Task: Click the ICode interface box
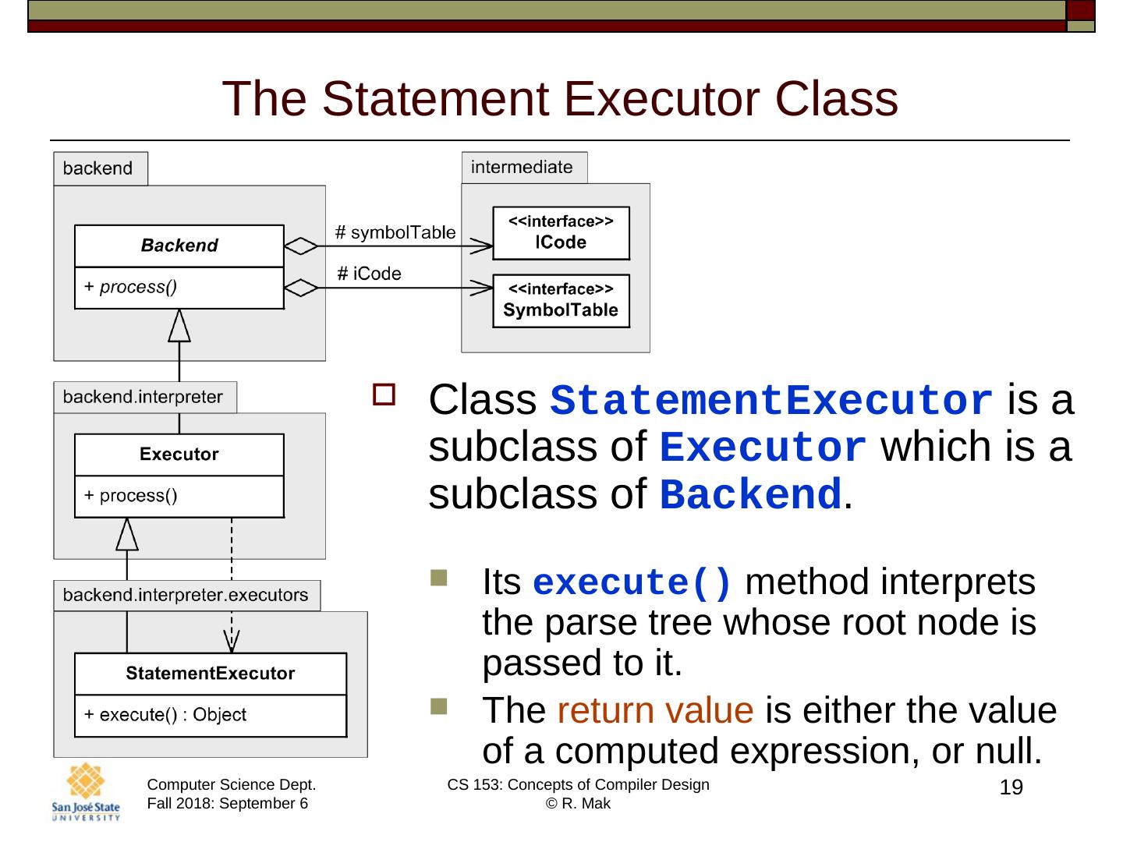(x=561, y=233)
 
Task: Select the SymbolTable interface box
(x=561, y=301)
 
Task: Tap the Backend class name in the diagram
(x=179, y=246)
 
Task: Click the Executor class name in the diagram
(x=179, y=455)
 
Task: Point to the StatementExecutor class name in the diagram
(x=211, y=674)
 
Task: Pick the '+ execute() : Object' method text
(x=165, y=715)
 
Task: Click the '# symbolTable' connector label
(x=395, y=232)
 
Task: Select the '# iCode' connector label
(x=369, y=274)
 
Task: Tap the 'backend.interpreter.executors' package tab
(x=186, y=596)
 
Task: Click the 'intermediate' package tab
(x=522, y=168)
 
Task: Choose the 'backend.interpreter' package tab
(x=143, y=397)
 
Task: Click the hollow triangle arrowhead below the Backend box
(x=179, y=325)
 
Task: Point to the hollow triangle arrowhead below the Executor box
(x=127, y=534)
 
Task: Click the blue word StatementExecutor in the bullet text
(x=772, y=402)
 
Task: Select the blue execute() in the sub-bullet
(x=632, y=583)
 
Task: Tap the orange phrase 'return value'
(x=655, y=710)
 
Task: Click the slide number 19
(x=1011, y=787)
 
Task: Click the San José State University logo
(x=86, y=791)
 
